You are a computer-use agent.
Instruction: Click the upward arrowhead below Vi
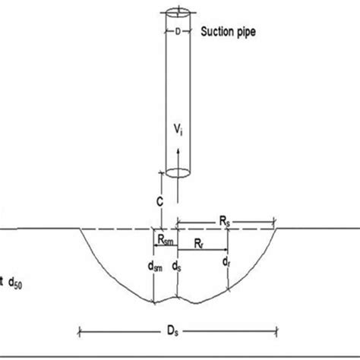(x=178, y=150)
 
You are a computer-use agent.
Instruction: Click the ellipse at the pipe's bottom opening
(x=178, y=171)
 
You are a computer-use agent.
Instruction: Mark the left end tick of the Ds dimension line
(x=80, y=330)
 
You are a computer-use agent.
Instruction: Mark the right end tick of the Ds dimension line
(x=278, y=330)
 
